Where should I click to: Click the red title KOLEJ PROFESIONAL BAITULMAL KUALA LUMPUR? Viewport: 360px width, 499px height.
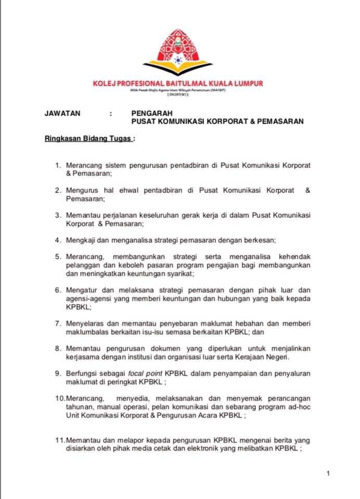(178, 83)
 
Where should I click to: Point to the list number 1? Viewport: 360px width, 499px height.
(57, 165)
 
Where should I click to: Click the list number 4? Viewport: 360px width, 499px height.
(57, 241)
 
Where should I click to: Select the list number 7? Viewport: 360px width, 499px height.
(57, 323)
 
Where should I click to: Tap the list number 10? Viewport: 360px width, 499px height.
(58, 398)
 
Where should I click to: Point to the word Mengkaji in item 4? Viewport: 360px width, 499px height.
(81, 241)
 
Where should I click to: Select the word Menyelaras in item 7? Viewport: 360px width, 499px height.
(85, 323)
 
